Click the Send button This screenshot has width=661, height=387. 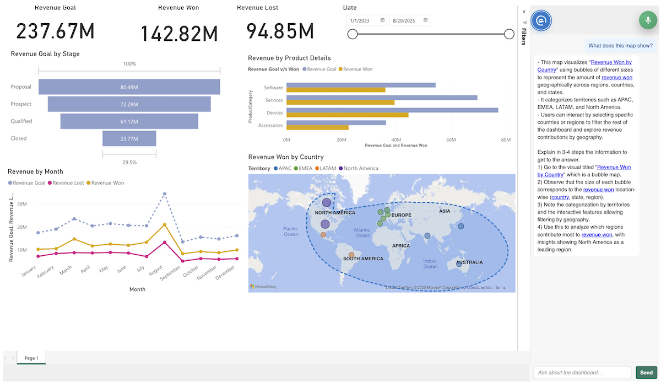point(646,373)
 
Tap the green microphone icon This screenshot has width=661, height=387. point(648,20)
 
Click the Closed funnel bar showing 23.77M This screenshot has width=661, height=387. point(129,138)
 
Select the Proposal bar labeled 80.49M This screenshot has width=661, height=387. point(129,87)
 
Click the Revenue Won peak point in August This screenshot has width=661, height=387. point(165,224)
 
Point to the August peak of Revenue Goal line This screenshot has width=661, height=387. point(165,194)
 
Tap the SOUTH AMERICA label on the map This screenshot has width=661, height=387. point(363,259)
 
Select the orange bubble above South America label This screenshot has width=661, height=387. point(351,255)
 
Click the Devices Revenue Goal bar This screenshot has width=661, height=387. point(392,110)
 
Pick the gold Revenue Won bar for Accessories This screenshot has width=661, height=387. point(317,127)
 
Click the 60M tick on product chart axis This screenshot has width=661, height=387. point(451,140)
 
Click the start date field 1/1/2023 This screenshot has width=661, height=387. point(366,20)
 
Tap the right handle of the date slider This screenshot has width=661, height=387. point(509,34)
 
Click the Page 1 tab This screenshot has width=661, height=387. point(31,358)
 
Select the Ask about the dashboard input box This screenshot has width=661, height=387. point(582,373)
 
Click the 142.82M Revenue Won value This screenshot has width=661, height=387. point(179,33)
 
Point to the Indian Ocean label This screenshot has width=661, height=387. point(430,264)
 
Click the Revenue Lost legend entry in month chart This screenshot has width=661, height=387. point(66,183)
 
